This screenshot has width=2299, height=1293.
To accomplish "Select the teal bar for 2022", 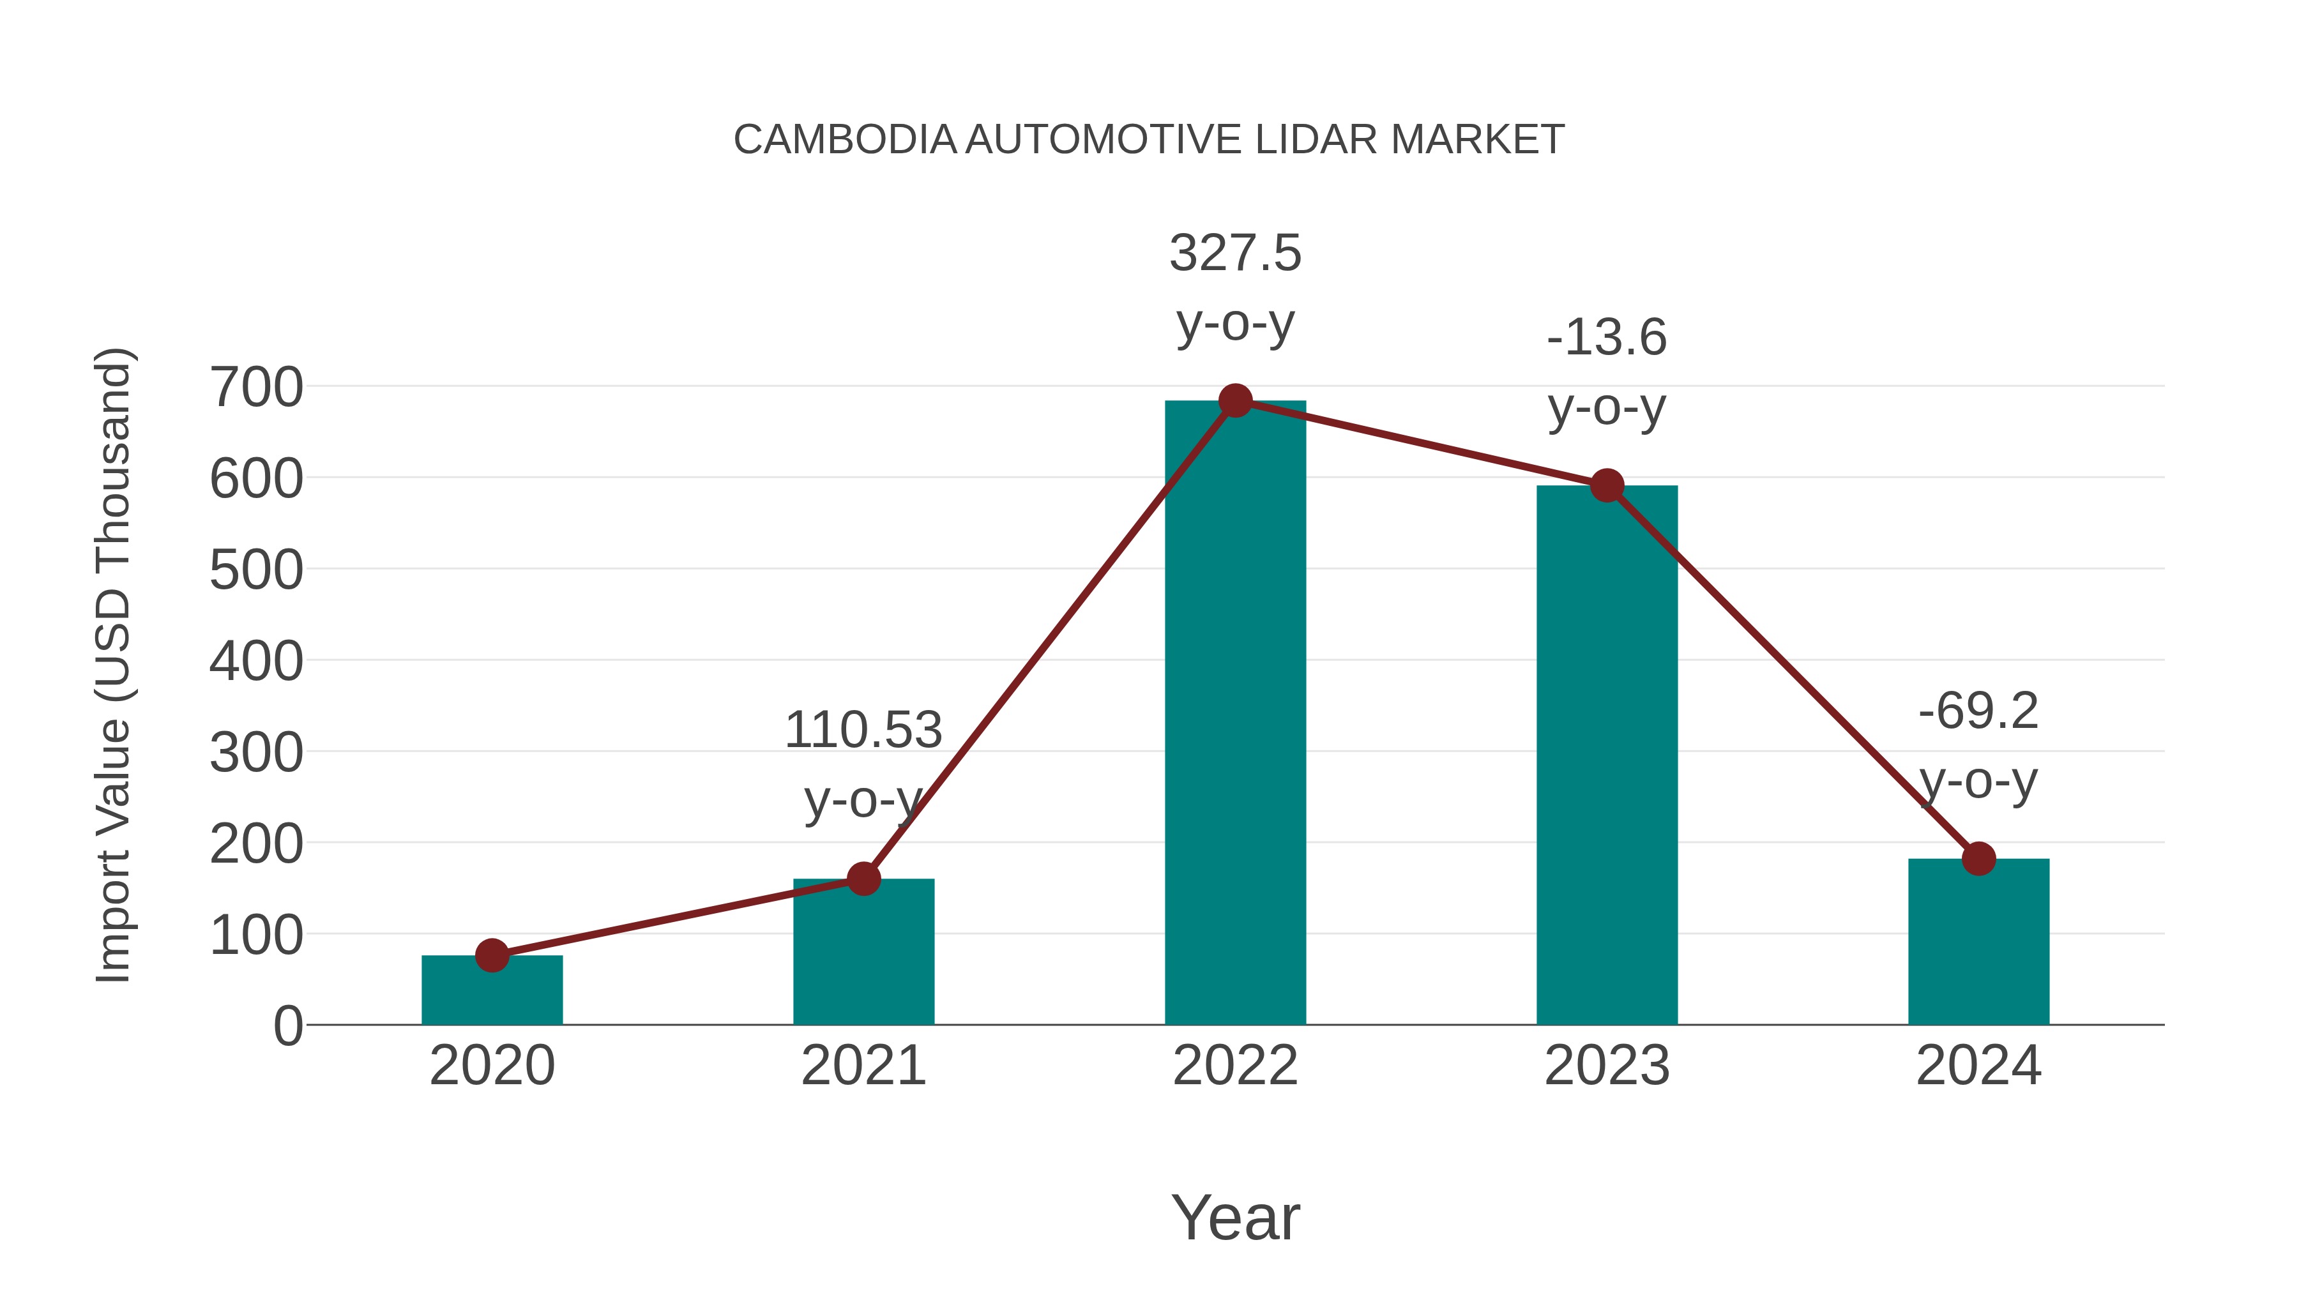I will (1235, 714).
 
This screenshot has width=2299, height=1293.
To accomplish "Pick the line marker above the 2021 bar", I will (863, 879).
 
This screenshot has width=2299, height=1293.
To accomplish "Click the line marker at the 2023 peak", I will (1607, 487).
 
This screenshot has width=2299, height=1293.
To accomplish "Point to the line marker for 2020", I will (492, 956).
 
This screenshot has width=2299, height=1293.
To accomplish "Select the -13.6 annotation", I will (1607, 338).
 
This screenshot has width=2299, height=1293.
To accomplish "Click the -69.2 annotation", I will (1978, 711).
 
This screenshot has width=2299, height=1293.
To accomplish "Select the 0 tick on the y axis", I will (287, 1025).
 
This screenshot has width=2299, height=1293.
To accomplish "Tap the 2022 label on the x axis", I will (1235, 1066).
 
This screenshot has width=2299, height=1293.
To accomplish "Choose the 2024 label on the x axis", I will (1978, 1066).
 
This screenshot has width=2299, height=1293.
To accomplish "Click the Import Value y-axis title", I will (114, 665).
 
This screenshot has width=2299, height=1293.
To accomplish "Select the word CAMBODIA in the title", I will (844, 140).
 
